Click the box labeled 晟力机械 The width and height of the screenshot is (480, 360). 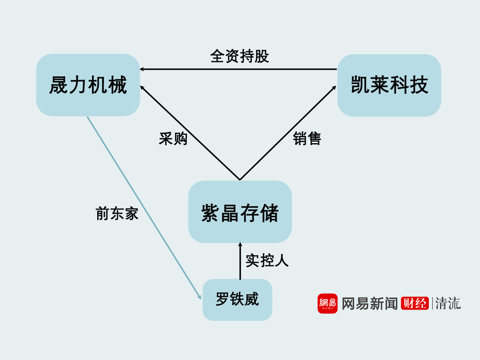[88, 85]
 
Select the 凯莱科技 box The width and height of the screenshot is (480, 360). [389, 85]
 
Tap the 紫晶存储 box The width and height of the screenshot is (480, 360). [240, 212]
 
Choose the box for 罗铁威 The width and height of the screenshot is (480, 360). [237, 300]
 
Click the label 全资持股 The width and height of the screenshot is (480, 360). [240, 56]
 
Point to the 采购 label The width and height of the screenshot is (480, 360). [173, 138]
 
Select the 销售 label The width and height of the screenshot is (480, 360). [307, 138]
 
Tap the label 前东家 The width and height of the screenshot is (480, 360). [117, 214]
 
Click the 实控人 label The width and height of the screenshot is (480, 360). [267, 260]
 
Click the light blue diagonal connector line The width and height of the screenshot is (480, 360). [144, 208]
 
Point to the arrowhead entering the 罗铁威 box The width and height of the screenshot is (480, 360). [200, 297]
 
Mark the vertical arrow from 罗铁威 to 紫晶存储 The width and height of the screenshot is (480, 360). [240, 261]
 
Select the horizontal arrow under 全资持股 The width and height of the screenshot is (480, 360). [238, 69]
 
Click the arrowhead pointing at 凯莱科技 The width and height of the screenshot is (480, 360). [334, 88]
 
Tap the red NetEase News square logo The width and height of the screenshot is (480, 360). [328, 304]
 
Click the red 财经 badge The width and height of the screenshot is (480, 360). [415, 303]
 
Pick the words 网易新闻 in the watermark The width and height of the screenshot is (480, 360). [370, 303]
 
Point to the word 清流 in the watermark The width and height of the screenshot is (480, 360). [448, 303]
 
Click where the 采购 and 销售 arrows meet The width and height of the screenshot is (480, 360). [240, 180]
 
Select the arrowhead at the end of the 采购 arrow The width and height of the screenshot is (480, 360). [142, 88]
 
